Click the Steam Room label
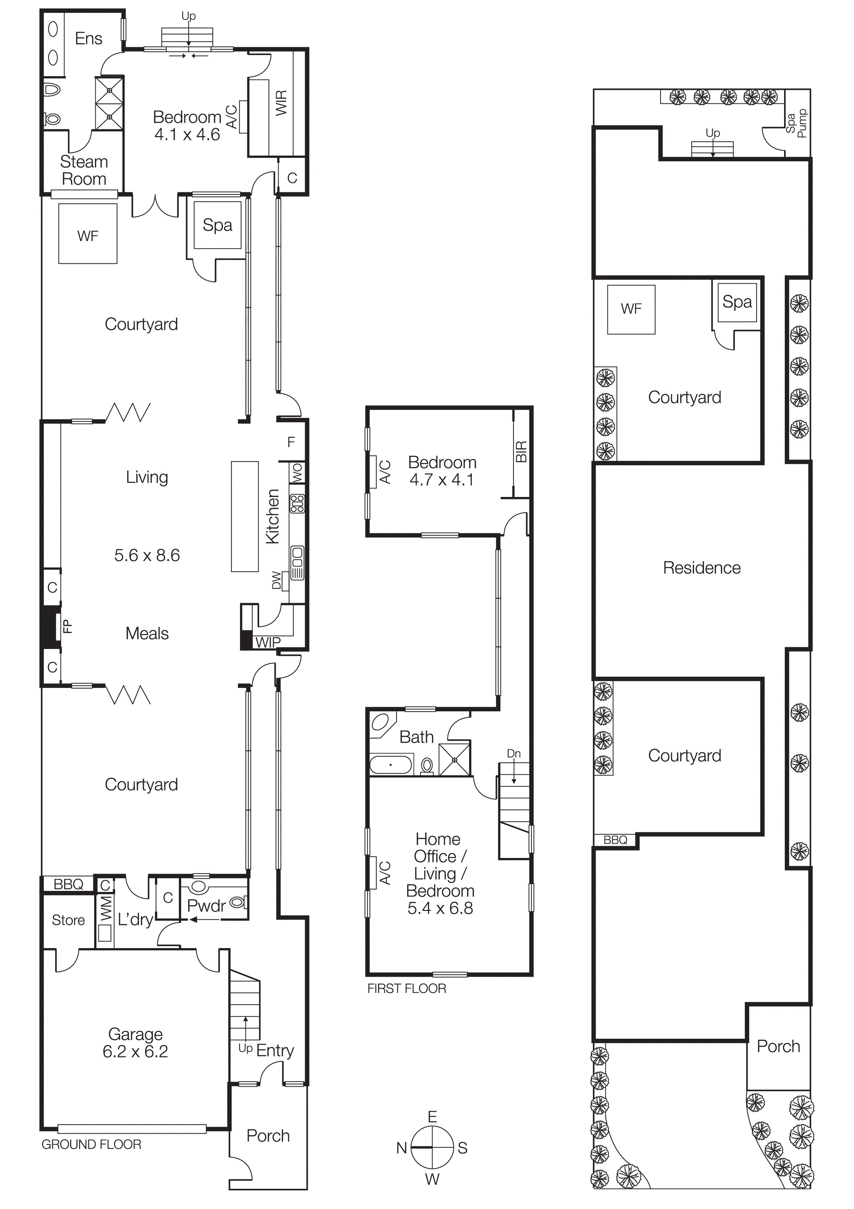point(84,170)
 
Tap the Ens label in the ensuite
point(88,39)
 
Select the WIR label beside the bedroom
point(281,103)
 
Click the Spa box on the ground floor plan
point(217,225)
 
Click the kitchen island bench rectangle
point(245,516)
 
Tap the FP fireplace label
point(67,626)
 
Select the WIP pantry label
point(268,642)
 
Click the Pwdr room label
point(206,906)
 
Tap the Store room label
point(69,920)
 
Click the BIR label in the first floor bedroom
point(521,452)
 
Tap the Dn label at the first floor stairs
point(513,753)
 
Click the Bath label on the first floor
point(416,736)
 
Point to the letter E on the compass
point(432,1117)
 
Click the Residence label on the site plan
point(701,568)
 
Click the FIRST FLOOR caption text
point(406,988)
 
